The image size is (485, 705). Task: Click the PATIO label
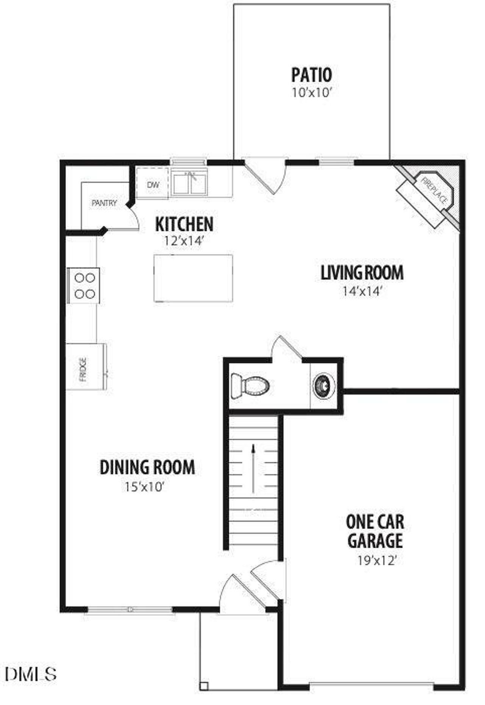311,75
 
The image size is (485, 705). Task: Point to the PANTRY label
104,203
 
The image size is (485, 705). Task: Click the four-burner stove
84,286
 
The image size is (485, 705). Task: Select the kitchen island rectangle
193,278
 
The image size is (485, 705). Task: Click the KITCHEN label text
184,224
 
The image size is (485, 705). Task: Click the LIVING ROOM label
362,273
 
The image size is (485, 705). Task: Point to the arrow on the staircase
253,468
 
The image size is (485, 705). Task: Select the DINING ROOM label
147,467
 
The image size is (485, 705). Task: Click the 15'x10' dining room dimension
144,487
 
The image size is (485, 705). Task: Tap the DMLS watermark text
31,673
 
